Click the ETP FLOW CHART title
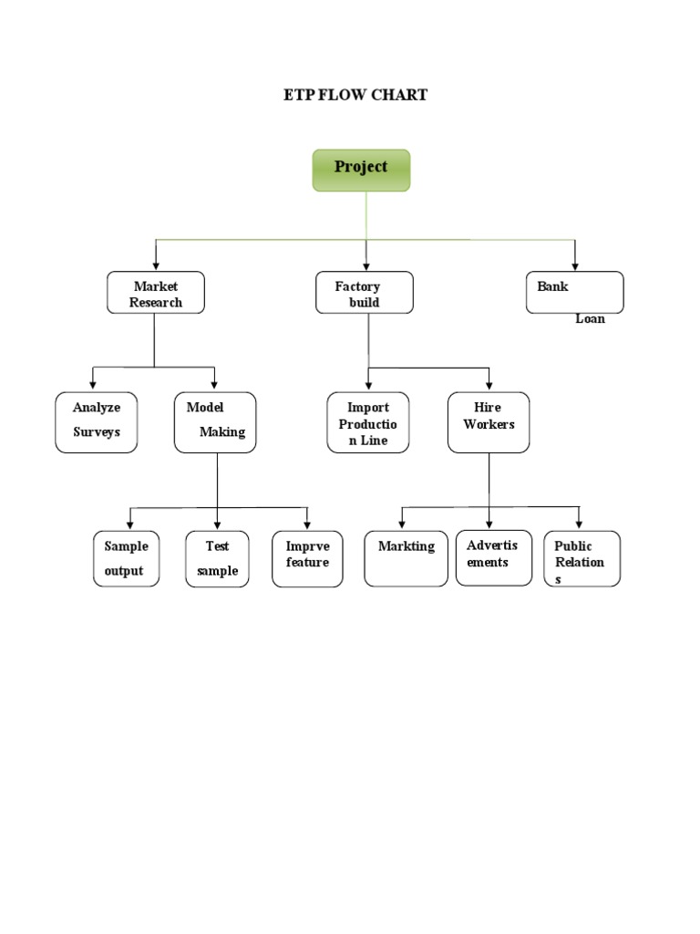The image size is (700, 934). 355,95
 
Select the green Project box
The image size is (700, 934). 362,171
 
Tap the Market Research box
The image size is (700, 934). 155,293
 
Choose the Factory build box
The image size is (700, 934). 365,293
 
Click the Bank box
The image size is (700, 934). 574,292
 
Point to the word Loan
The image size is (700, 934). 590,319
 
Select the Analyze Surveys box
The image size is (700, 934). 97,422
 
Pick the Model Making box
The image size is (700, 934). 215,422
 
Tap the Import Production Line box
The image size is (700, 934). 368,422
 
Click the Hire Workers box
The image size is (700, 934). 489,422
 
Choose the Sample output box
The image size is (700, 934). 126,558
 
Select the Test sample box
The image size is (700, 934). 217,558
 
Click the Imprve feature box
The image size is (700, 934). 307,558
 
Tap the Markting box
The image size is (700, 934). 407,558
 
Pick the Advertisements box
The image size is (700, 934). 493,557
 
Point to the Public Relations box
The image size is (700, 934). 582,558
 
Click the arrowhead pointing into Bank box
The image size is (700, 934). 575,265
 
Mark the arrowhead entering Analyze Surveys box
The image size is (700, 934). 93,385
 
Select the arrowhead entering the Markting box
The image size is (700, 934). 402,524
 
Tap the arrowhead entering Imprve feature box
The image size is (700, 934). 306,524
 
